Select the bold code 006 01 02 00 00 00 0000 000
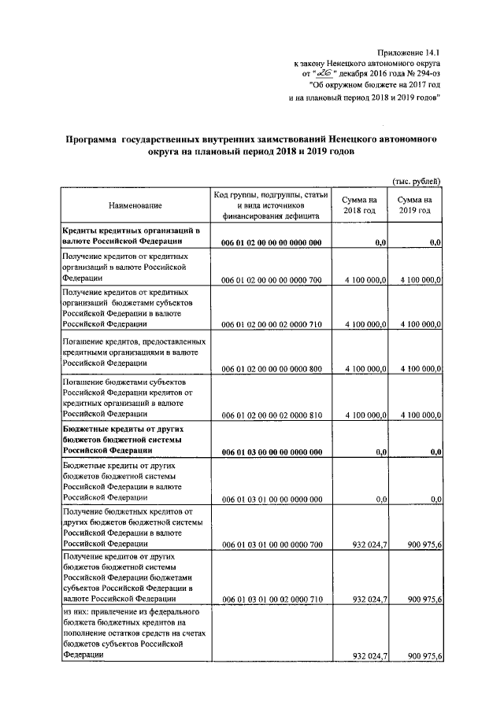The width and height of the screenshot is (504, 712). (271, 242)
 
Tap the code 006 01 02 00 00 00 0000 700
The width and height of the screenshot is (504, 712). (271, 279)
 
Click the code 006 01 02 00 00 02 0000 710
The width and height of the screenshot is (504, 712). (271, 323)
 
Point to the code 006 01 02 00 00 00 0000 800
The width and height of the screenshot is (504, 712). (271, 368)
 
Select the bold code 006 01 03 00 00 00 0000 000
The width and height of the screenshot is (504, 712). (271, 452)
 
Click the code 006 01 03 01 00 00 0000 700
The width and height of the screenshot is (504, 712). (271, 544)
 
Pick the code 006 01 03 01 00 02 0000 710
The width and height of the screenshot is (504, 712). (271, 599)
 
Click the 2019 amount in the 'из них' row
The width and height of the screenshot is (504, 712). (421, 657)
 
